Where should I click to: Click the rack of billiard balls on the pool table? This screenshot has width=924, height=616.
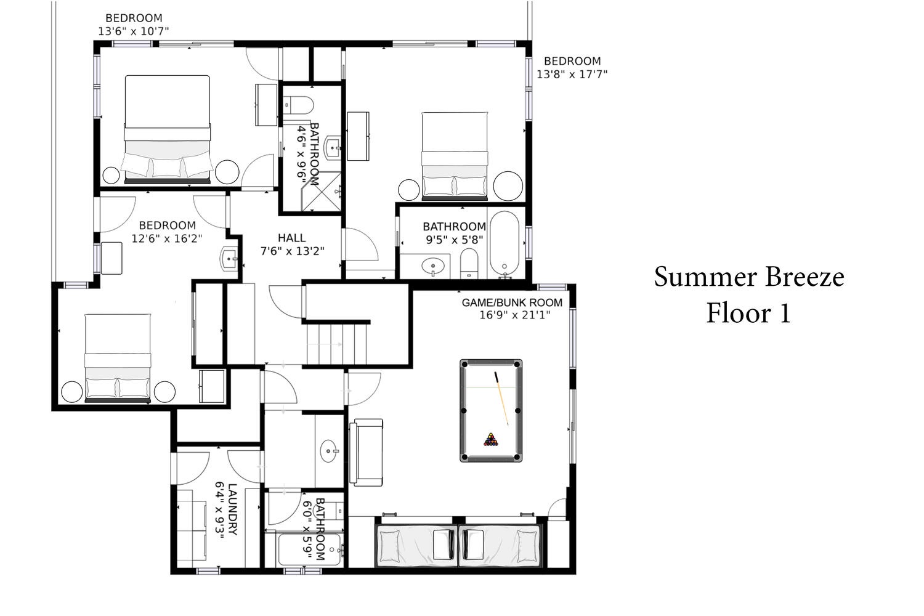[x=490, y=440]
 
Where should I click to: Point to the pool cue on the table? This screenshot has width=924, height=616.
[x=501, y=399]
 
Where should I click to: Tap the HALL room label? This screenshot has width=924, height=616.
[x=291, y=238]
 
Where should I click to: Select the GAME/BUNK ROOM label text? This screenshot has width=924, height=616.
[x=512, y=302]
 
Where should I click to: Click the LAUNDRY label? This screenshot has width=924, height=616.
[x=233, y=509]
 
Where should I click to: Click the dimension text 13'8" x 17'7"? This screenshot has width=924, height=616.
[x=572, y=75]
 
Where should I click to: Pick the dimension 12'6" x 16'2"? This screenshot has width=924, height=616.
[x=167, y=238]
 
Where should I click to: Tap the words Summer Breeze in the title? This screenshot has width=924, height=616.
[x=749, y=277]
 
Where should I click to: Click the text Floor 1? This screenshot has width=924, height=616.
[x=748, y=313]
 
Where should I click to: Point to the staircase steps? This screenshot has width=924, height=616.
[x=336, y=344]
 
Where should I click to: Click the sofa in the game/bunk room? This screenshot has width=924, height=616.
[x=366, y=452]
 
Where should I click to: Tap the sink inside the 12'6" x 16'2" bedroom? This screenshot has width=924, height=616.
[x=229, y=258]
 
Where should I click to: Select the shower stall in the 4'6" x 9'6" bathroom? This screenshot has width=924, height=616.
[x=322, y=192]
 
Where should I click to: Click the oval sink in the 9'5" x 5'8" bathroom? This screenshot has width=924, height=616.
[x=432, y=266]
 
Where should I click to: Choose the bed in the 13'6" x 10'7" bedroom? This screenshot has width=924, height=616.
[x=167, y=129]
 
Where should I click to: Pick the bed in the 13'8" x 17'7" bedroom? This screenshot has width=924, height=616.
[x=455, y=156]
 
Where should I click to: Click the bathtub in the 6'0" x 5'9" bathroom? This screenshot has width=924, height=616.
[x=310, y=549]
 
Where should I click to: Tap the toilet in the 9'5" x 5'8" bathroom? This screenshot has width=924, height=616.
[x=469, y=263]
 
